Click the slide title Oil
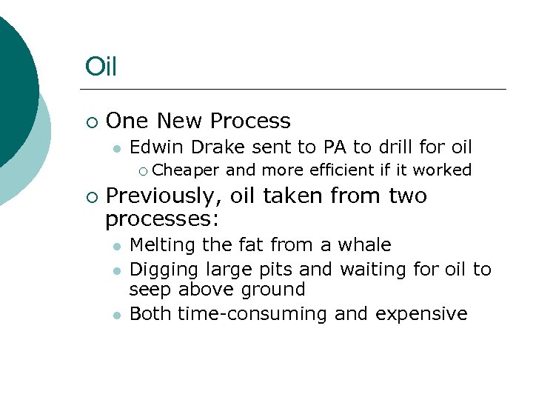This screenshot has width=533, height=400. pos(101,67)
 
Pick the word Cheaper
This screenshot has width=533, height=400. pos(187,170)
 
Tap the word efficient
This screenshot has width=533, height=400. pos(338,170)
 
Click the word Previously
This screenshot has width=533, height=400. pos(162,196)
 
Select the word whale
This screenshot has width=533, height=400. pos(365,245)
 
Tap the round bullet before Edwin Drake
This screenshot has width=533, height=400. pos(115,148)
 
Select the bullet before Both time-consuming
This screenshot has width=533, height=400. pos(115,315)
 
